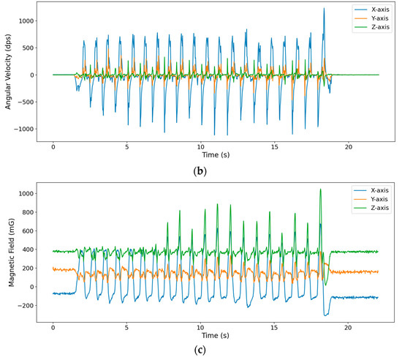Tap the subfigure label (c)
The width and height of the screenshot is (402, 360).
(x=216, y=350)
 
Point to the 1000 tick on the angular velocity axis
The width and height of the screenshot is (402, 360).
(x=24, y=21)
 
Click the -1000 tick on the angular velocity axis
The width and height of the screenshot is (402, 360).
(x=23, y=129)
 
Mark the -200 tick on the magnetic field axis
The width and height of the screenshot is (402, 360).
(x=24, y=305)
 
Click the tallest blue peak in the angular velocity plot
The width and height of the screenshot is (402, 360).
(x=323, y=9)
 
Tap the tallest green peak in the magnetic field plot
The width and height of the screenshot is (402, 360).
(x=320, y=190)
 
